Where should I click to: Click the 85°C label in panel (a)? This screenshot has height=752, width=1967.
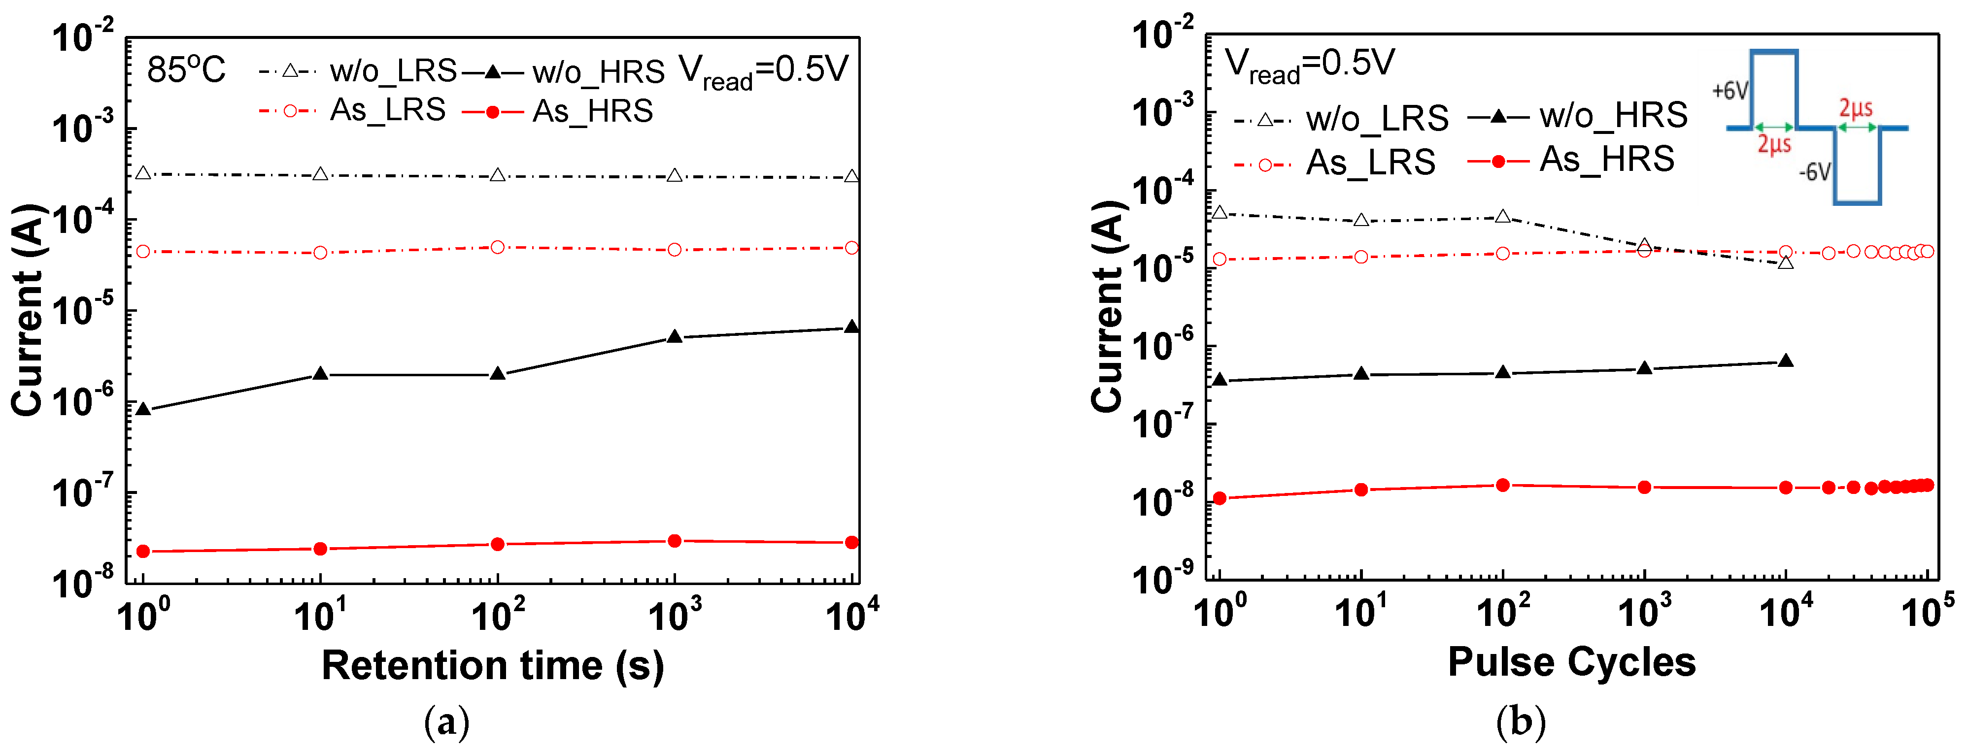pyautogui.click(x=186, y=70)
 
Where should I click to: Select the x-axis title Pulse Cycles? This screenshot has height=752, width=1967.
pyautogui.click(x=1571, y=662)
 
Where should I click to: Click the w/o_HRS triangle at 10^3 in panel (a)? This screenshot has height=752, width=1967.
pyautogui.click(x=674, y=337)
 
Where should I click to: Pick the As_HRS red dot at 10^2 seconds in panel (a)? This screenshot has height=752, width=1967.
pyautogui.click(x=497, y=544)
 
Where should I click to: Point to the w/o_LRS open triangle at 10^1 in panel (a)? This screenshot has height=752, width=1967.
pyautogui.click(x=321, y=174)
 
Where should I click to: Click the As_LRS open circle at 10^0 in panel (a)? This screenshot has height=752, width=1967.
pyautogui.click(x=143, y=251)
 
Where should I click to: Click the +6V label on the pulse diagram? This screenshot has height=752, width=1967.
pyautogui.click(x=1730, y=91)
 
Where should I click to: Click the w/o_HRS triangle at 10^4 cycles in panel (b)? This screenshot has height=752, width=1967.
pyautogui.click(x=1785, y=361)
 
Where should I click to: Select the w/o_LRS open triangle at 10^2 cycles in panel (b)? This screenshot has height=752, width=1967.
pyautogui.click(x=1503, y=217)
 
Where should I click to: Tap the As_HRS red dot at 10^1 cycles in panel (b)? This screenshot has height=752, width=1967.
pyautogui.click(x=1361, y=490)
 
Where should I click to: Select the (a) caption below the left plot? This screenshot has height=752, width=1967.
pyautogui.click(x=447, y=721)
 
